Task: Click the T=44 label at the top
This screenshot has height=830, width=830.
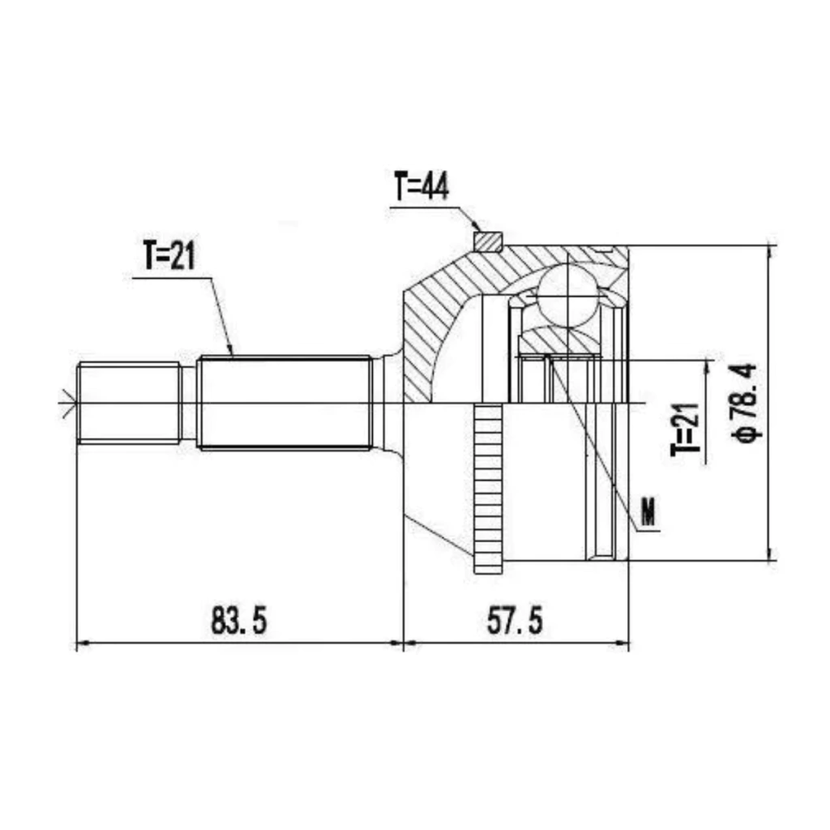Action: pos(421,186)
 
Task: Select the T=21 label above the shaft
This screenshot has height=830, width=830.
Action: pos(169,255)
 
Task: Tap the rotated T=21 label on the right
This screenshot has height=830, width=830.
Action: pos(685,430)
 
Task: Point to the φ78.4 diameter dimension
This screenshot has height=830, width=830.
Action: pos(746,402)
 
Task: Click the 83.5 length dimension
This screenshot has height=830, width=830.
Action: pos(239,620)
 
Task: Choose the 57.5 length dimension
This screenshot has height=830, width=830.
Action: pos(515,620)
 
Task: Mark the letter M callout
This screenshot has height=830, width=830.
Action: pos(648,511)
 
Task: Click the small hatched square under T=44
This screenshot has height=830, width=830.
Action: pos(487,241)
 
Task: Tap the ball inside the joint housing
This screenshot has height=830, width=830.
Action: pos(567,295)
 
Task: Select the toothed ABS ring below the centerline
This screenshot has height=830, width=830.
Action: pos(488,489)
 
